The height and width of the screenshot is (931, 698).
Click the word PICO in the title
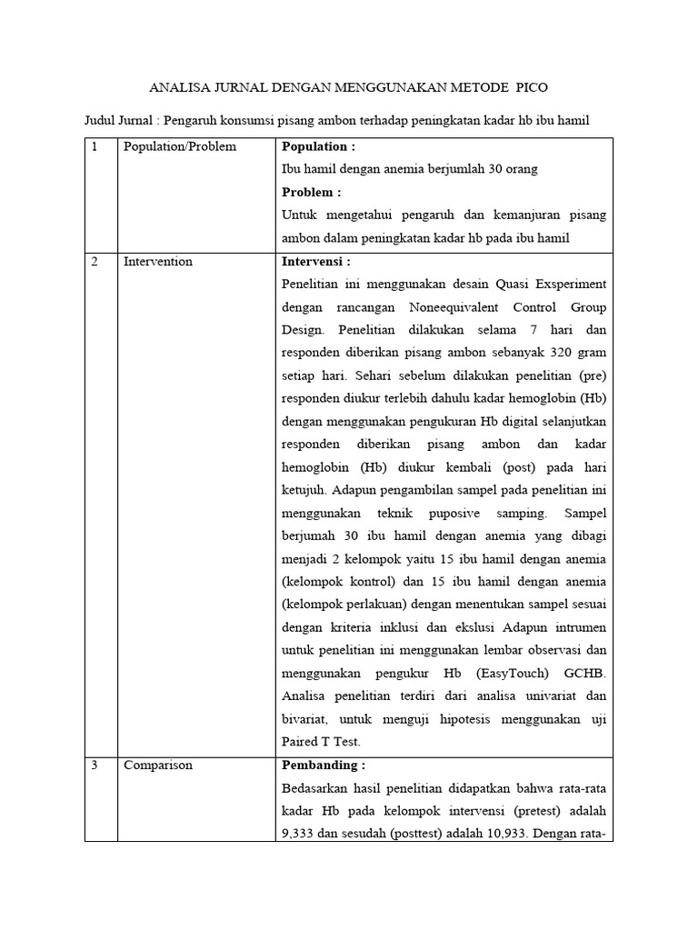pyautogui.click(x=532, y=87)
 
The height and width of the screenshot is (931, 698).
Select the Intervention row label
pyautogui.click(x=158, y=261)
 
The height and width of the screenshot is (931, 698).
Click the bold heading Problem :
pyautogui.click(x=312, y=192)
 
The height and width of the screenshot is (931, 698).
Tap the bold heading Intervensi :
pyautogui.click(x=316, y=261)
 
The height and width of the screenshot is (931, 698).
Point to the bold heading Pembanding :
pyautogui.click(x=324, y=765)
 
